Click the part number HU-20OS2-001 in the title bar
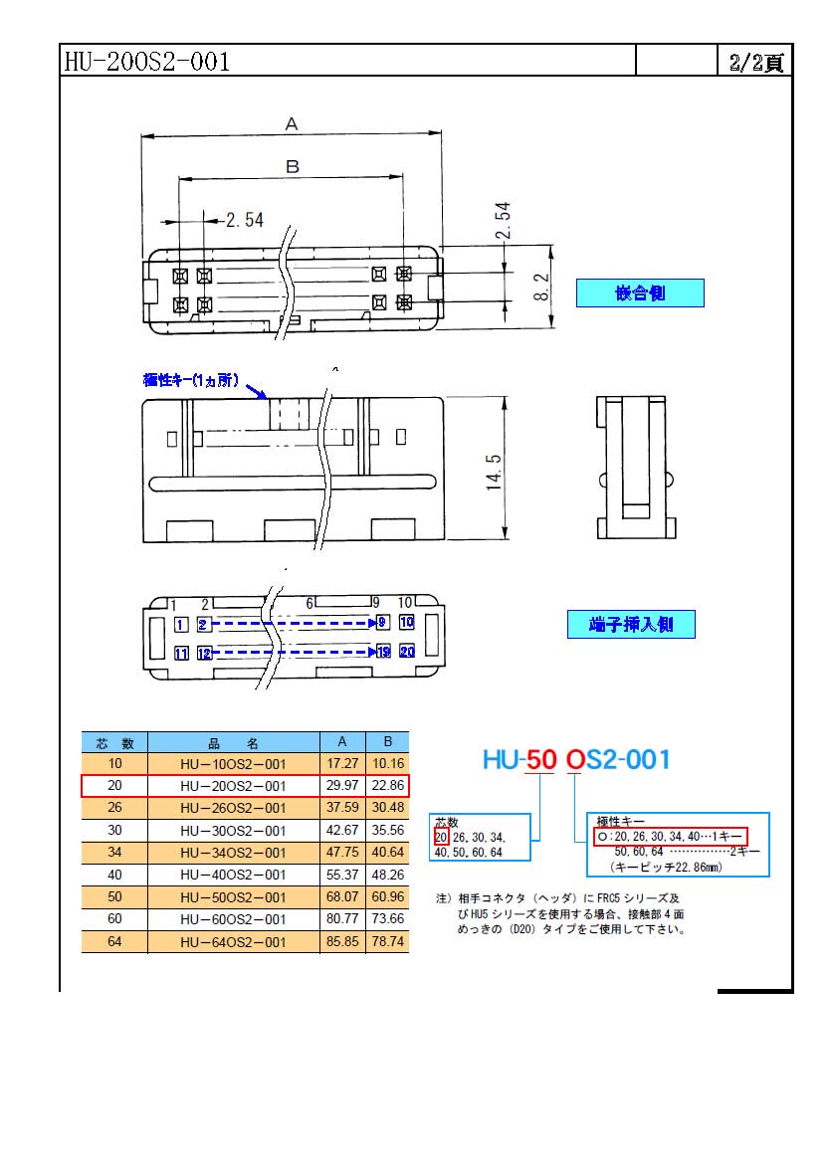click(x=147, y=61)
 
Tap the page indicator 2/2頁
click(x=756, y=62)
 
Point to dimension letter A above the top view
click(x=292, y=123)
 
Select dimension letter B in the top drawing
click(x=293, y=166)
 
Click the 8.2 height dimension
click(x=541, y=287)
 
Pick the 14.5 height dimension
click(x=494, y=473)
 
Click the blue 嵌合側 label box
click(x=640, y=293)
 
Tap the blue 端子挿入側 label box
click(x=631, y=624)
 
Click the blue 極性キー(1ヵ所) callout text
click(x=191, y=380)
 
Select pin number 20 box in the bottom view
click(x=407, y=652)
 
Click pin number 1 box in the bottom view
click(x=181, y=624)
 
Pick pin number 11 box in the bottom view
click(x=181, y=653)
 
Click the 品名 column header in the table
click(x=233, y=742)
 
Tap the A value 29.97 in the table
click(x=342, y=785)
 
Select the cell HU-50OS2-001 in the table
click(x=233, y=897)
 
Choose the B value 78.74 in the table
click(x=387, y=941)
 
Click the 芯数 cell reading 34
click(x=114, y=852)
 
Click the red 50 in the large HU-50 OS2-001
click(x=540, y=759)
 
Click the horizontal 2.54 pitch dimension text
click(x=245, y=220)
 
